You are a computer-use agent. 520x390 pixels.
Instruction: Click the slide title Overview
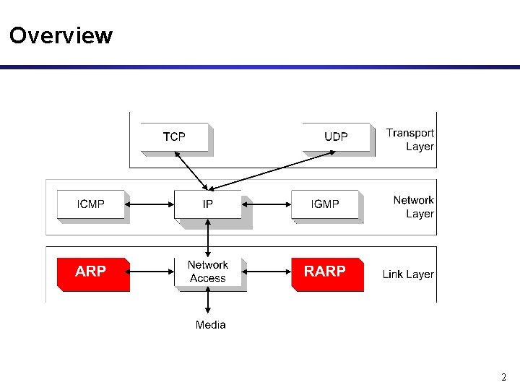point(61,35)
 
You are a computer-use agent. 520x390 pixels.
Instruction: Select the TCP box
point(174,136)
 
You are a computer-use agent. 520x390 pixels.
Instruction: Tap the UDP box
point(336,136)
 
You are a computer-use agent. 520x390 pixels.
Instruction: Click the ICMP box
point(91,204)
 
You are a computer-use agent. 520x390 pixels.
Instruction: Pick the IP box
point(208,204)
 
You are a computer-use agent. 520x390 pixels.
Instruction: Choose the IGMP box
point(325,204)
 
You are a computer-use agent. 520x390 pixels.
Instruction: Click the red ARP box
point(92,272)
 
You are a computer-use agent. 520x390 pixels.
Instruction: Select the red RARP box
point(326,272)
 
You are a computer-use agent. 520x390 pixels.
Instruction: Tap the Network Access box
point(208,272)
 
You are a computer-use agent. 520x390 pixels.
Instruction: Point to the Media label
point(210,325)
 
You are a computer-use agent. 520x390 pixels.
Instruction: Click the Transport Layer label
point(410,139)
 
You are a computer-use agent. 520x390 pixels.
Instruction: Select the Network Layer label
point(413,207)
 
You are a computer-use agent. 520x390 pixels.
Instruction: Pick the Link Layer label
point(408,274)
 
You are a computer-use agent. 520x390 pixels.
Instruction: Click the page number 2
point(504,377)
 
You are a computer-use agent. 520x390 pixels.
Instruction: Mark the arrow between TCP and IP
point(191,171)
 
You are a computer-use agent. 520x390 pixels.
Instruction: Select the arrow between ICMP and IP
point(149,204)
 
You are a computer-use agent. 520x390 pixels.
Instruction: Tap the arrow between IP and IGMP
point(266,204)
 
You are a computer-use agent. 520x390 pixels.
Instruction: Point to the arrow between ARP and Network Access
point(152,272)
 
